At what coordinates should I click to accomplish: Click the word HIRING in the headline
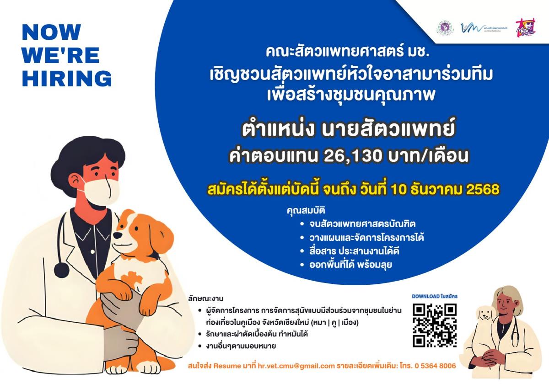tap(67, 78)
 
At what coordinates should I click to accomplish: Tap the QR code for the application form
tap(435, 325)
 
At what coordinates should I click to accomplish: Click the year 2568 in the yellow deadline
tap(482, 189)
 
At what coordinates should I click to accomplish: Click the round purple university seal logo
tap(443, 27)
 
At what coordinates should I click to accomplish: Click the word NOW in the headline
tap(51, 32)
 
